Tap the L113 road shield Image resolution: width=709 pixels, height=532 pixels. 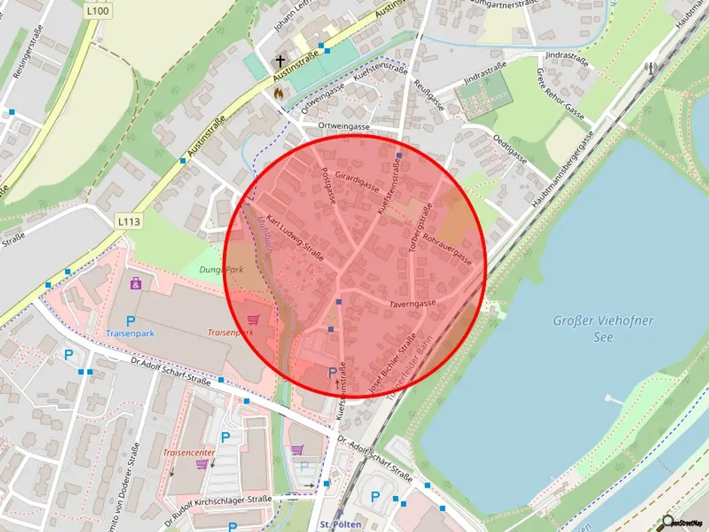129,222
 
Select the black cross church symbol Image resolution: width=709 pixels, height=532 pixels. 280,61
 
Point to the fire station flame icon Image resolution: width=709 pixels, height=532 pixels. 279,92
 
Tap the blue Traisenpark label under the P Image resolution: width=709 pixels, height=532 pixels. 129,333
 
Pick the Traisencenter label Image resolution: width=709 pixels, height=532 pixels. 189,452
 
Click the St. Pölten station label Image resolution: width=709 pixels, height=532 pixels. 341,524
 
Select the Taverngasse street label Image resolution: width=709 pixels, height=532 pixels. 413,303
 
